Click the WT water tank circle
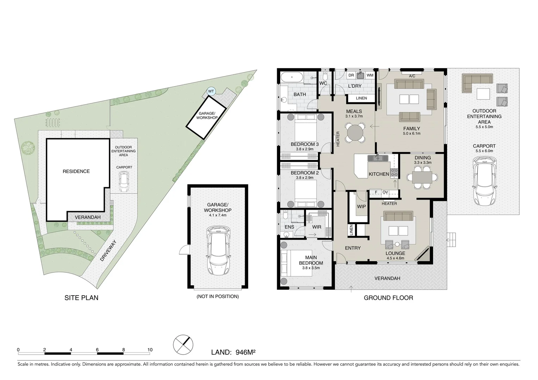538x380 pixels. tap(211, 91)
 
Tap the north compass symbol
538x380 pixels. tap(183, 344)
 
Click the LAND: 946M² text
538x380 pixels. tap(233, 352)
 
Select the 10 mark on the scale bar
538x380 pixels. tap(150, 350)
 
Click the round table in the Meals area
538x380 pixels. tap(355, 133)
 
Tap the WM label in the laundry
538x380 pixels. tap(370, 75)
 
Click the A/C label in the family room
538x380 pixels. tap(412, 76)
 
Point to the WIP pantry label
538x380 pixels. tap(361, 207)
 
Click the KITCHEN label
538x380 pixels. tap(379, 174)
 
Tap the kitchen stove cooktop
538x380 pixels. tap(394, 172)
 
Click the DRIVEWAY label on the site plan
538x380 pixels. tap(108, 250)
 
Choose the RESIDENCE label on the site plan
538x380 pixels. tap(76, 171)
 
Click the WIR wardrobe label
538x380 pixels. tap(317, 227)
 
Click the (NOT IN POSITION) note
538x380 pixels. tap(218, 296)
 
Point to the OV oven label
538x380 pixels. tap(385, 192)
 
